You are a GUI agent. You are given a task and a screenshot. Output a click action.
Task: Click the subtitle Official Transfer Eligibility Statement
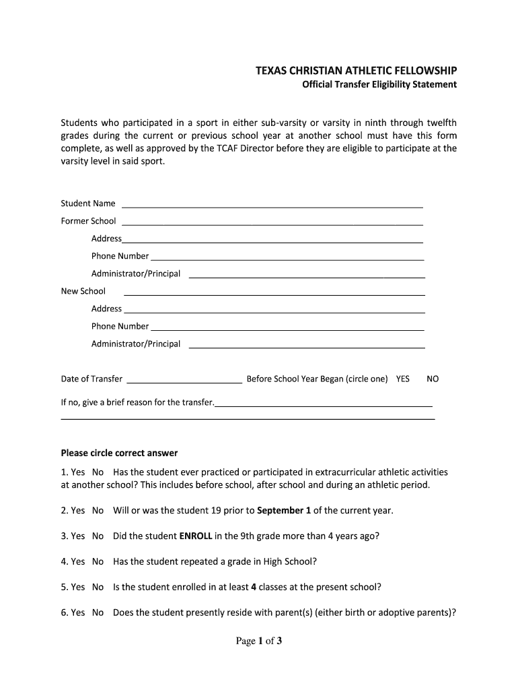(378, 85)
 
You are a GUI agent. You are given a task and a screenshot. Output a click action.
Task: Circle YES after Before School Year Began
(402, 379)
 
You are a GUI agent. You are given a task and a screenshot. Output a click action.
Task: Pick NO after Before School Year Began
(433, 379)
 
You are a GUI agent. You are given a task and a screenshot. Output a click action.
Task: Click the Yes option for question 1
(77, 472)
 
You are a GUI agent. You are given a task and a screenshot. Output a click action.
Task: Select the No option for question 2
(98, 511)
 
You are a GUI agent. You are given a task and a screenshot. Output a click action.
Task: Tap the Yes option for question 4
(77, 562)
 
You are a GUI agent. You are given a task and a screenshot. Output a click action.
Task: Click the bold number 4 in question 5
(254, 588)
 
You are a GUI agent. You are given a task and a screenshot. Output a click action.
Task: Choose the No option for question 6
(98, 613)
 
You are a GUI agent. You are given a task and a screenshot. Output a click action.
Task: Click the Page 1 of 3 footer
(258, 641)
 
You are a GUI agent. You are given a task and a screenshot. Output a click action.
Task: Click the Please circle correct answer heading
(119, 453)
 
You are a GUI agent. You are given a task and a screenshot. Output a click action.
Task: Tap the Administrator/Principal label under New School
(136, 344)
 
